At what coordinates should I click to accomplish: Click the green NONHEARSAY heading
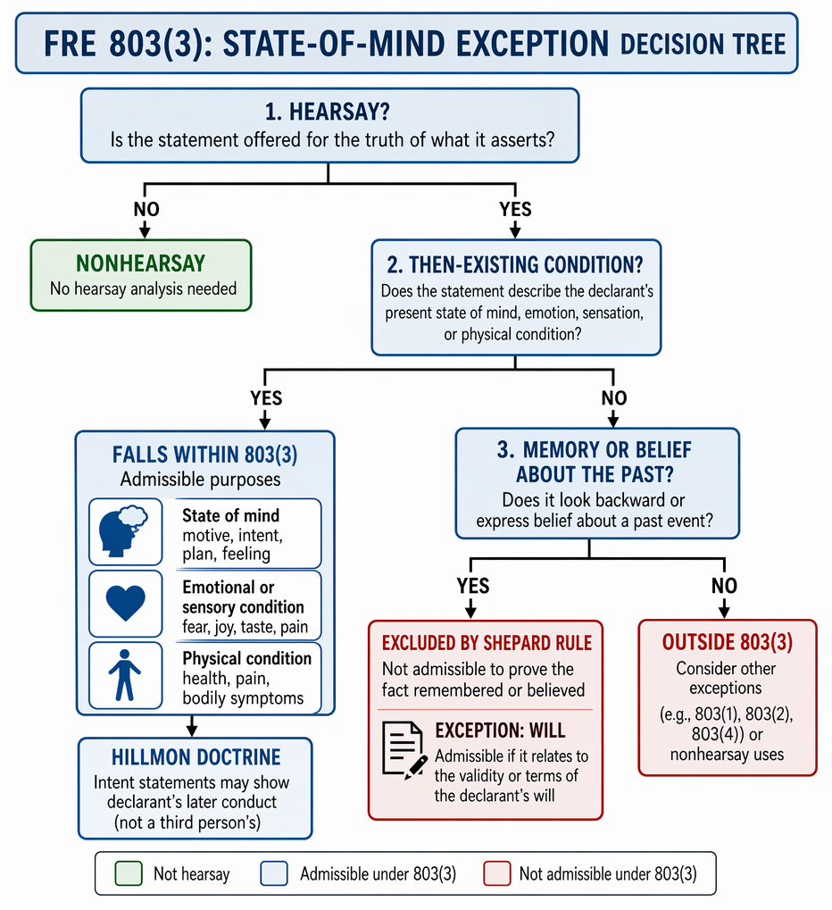[140, 263]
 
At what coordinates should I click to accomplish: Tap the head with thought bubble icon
[123, 531]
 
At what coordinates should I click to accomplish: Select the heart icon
[125, 603]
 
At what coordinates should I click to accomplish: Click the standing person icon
[125, 675]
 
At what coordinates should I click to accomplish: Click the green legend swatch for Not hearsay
[129, 873]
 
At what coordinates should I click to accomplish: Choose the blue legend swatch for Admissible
[274, 873]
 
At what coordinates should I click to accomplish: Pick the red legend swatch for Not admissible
[497, 873]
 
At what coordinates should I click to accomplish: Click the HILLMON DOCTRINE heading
[196, 757]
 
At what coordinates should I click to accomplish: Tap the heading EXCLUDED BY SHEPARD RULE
[487, 643]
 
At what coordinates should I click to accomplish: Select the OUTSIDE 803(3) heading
[728, 642]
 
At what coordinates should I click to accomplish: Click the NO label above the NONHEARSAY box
[146, 209]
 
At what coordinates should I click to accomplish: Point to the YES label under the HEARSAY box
[515, 209]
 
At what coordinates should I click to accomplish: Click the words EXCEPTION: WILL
[500, 731]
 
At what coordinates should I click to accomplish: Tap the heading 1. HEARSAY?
[328, 112]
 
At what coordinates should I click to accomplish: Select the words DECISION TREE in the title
[703, 45]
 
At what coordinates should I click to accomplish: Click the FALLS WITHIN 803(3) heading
[204, 455]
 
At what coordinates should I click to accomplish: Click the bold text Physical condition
[247, 659]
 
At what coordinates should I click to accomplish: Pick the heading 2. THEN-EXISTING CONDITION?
[515, 264]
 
